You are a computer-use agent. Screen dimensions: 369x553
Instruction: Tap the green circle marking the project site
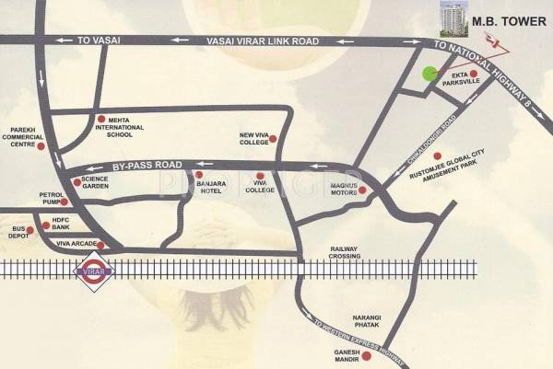(x=429, y=75)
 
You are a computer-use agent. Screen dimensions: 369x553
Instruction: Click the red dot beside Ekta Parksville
(x=474, y=74)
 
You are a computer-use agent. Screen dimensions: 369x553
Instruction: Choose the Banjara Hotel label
(x=212, y=185)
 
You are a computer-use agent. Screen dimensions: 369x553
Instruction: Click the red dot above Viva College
(x=260, y=175)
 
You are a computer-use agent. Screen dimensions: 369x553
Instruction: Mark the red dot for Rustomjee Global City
(x=438, y=156)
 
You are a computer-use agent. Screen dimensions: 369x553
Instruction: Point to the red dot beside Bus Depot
(x=46, y=225)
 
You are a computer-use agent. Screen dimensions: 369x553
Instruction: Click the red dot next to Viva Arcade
(x=101, y=245)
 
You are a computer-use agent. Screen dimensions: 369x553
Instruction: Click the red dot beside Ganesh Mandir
(x=366, y=356)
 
